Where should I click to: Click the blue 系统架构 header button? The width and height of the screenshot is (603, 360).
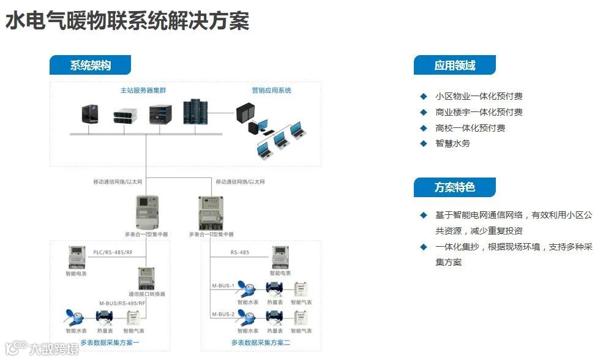[90, 66]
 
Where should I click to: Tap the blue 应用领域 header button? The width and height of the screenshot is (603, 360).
[454, 66]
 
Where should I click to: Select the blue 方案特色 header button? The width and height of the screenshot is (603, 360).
[454, 187]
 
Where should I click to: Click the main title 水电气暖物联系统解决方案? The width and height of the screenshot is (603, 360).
[127, 21]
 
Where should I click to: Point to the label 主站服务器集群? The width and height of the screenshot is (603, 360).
[143, 91]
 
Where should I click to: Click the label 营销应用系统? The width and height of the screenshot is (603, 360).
[271, 91]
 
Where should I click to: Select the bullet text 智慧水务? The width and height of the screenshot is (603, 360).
[452, 143]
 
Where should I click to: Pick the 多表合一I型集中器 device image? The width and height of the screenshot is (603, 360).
[146, 212]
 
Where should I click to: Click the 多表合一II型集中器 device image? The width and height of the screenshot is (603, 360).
[209, 212]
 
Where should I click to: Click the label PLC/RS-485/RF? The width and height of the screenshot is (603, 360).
[112, 252]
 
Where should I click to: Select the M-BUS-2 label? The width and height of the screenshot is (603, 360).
[223, 314]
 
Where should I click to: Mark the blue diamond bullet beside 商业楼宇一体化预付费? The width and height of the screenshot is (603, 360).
[423, 112]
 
